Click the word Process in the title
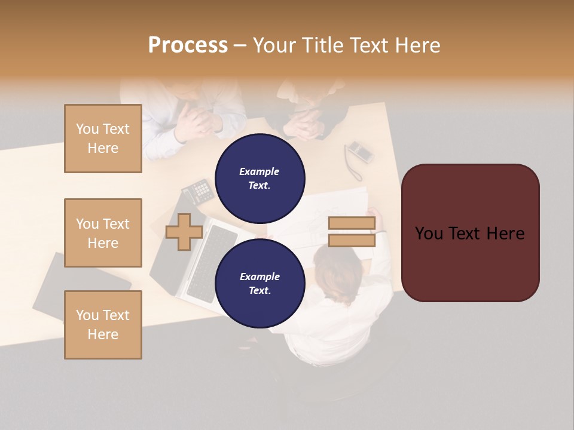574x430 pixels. [x=188, y=45]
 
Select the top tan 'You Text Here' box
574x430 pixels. [x=103, y=139]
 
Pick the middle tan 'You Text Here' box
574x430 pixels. [x=103, y=233]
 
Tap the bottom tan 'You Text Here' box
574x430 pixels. [x=103, y=325]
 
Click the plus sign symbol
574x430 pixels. [x=184, y=232]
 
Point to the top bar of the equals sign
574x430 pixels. [x=352, y=223]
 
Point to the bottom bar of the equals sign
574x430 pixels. [x=352, y=240]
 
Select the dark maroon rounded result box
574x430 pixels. [x=470, y=233]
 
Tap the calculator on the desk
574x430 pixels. [x=198, y=191]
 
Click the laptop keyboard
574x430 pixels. [x=207, y=263]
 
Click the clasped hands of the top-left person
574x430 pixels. [x=199, y=119]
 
